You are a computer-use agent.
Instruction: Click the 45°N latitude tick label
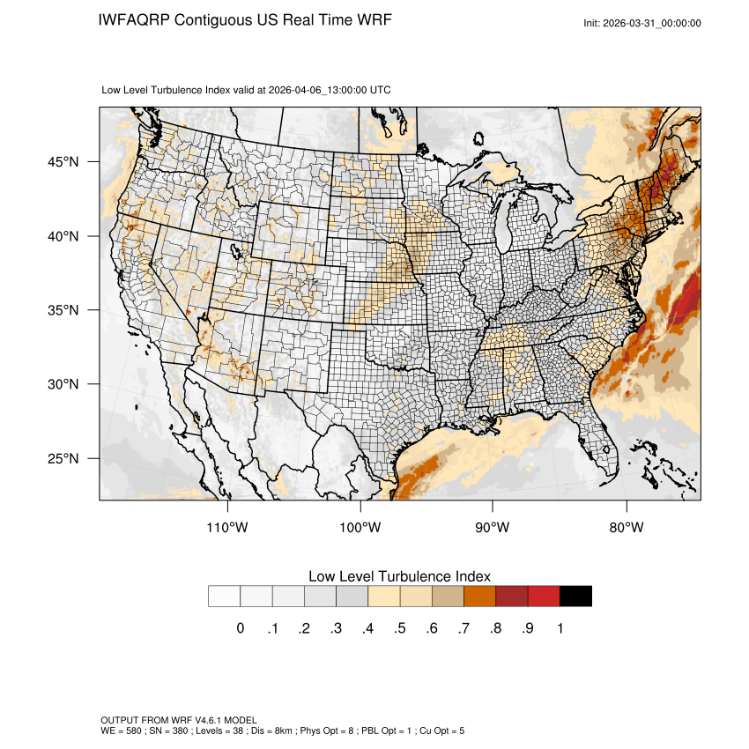63,162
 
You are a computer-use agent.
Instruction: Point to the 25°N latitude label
63,459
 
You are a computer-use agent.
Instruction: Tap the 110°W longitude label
228,528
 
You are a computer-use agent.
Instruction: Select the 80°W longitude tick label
627,528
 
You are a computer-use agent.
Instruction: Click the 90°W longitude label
493,528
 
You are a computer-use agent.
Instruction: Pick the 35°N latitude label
63,310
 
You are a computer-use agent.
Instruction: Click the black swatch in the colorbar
575,597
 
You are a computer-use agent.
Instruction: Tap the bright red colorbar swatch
544,597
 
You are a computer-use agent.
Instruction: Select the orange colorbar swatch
480,597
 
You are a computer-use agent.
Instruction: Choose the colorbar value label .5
399,628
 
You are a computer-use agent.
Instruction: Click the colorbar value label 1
560,628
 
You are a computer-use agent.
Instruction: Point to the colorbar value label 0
240,628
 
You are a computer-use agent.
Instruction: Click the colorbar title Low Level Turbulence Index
399,576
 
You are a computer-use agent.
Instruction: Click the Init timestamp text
642,23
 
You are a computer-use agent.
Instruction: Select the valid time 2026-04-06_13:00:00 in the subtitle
318,90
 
